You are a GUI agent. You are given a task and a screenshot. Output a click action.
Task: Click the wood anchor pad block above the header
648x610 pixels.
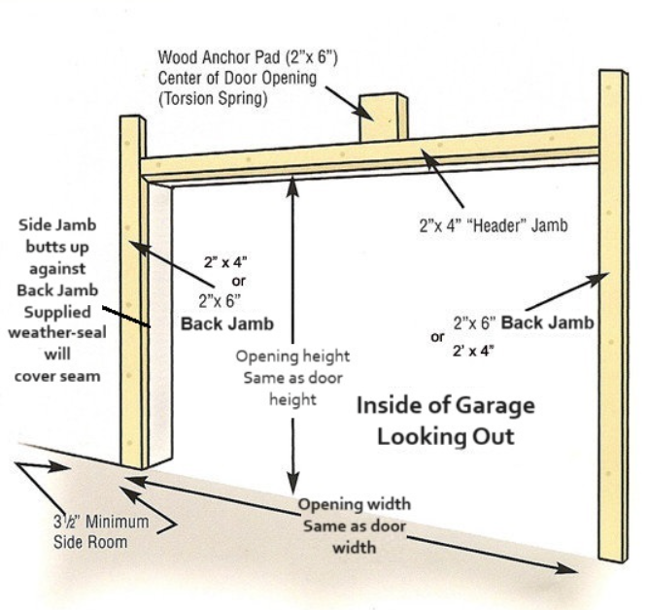382,119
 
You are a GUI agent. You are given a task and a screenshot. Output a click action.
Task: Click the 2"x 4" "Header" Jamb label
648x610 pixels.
493,225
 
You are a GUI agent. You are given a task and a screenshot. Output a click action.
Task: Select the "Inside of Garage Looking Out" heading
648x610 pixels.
444,420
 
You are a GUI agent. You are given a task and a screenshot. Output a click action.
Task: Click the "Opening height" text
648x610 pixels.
292,356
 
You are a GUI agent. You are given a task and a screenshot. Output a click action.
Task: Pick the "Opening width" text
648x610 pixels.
354,505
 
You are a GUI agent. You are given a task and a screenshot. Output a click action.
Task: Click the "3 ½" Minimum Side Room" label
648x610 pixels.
101,531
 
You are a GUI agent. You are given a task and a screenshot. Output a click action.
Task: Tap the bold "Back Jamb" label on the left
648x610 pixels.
226,323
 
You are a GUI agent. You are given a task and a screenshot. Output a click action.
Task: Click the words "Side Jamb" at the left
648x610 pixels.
57,225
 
